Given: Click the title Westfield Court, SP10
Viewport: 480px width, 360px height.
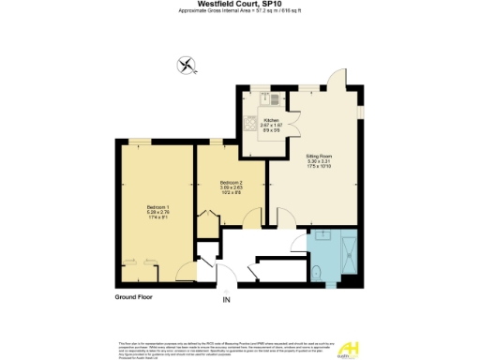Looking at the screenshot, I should [x=239, y=4].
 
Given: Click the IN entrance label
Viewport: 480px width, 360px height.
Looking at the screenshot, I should [x=225, y=300].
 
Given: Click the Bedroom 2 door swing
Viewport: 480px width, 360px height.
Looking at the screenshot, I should [x=250, y=221].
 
